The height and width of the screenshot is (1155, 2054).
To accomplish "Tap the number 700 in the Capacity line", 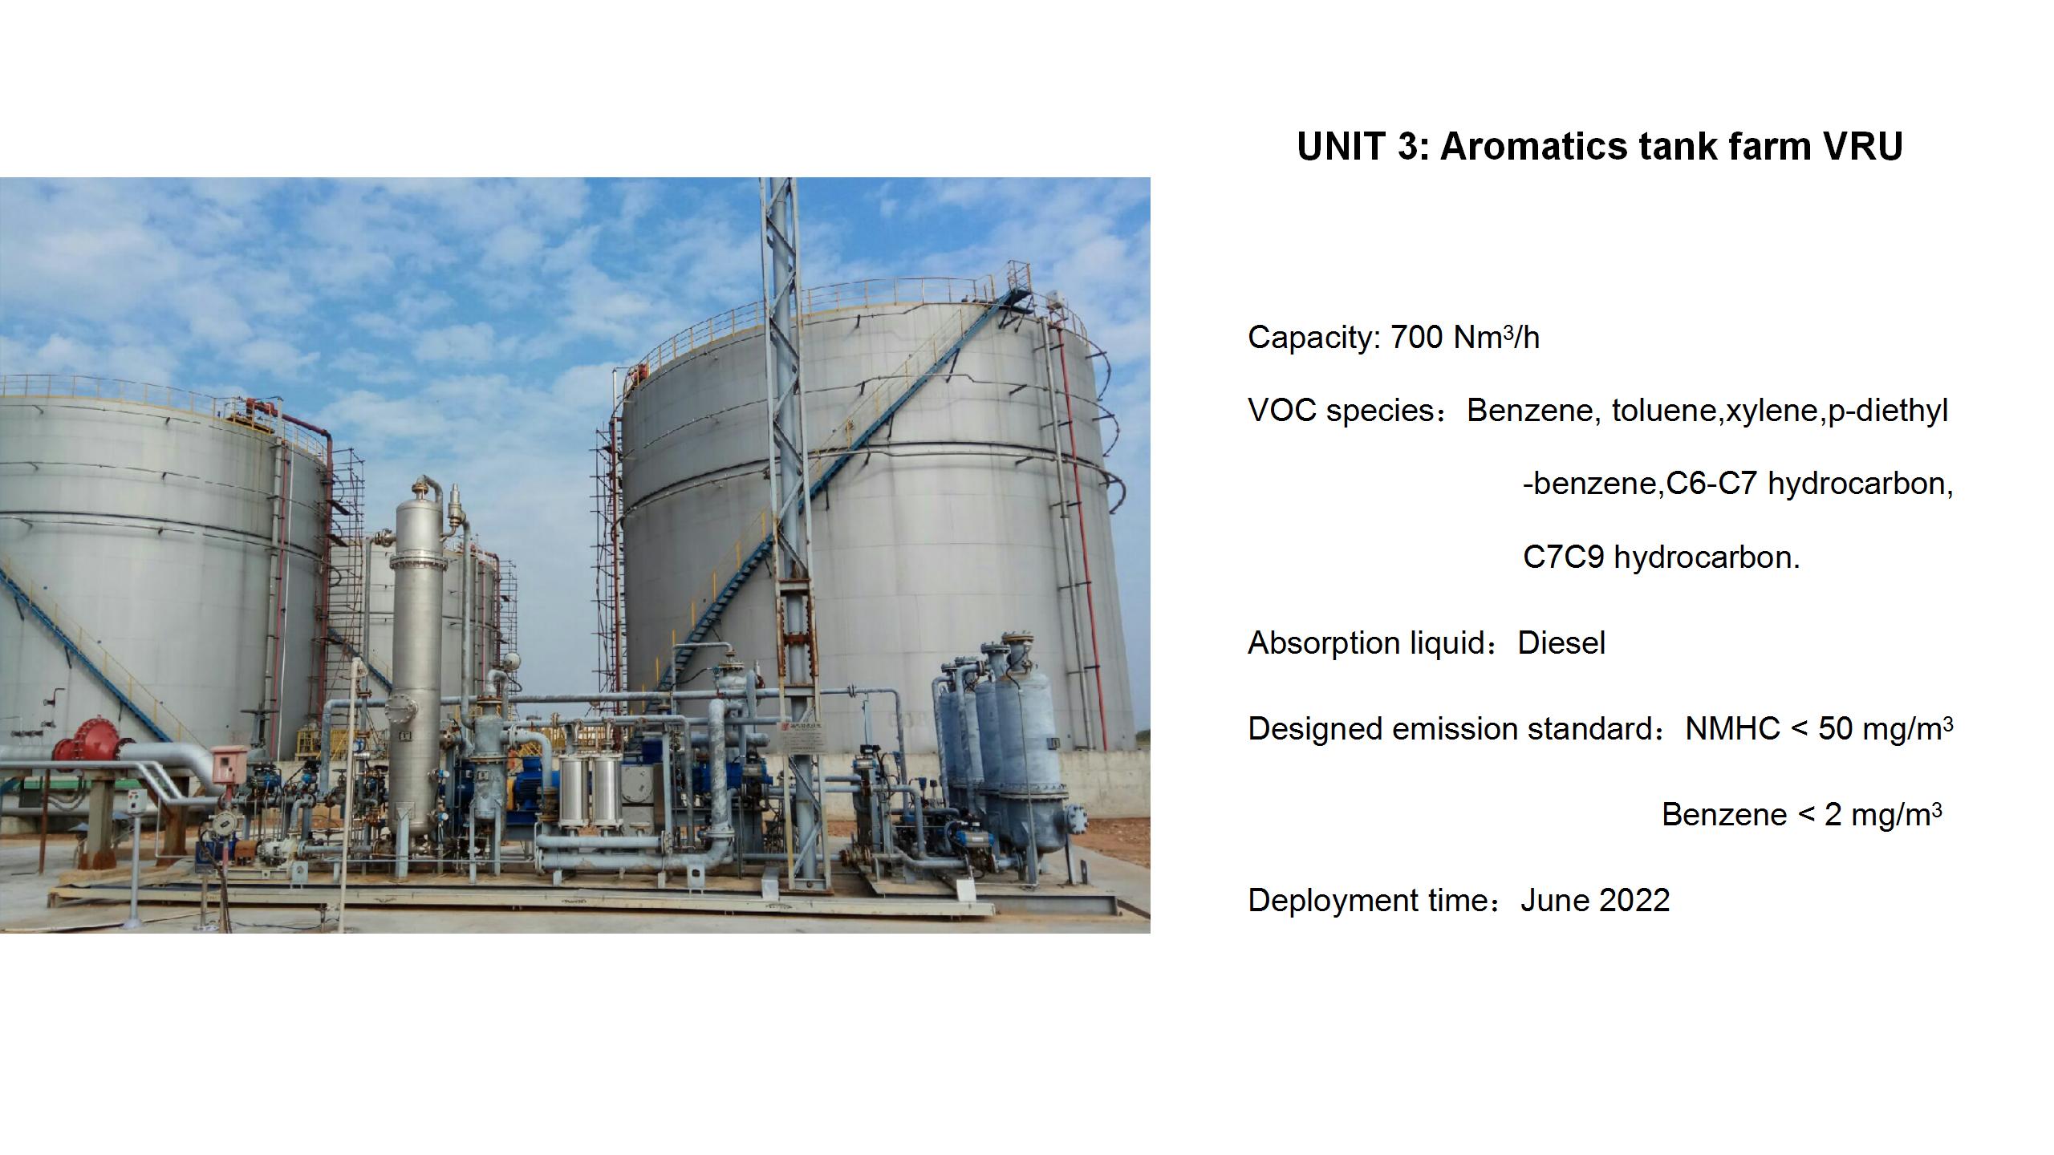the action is tap(1416, 338).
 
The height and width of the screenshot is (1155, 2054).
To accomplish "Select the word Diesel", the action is tap(1561, 643).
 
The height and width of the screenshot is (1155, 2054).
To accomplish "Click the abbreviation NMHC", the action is tap(1733, 729).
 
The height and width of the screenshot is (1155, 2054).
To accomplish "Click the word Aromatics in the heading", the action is tap(1533, 147).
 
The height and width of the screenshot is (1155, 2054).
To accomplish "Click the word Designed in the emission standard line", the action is tap(1315, 729).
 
